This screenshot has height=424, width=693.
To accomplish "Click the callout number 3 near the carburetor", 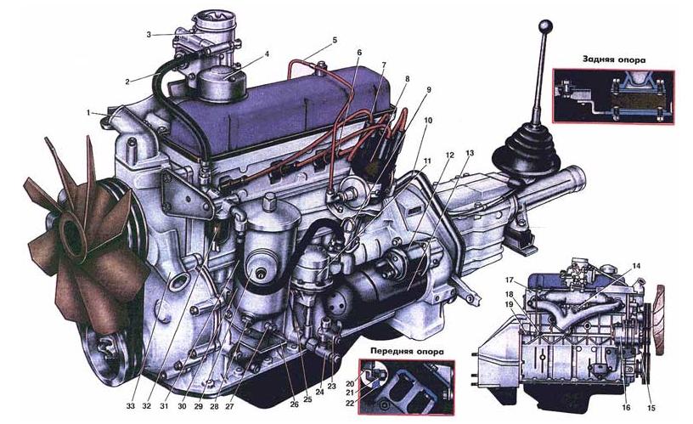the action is pos(149,34).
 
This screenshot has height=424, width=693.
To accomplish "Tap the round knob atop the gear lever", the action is pos(547,26).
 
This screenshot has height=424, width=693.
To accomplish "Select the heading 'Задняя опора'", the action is pos(613,59).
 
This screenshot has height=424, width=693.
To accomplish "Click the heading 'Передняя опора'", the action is pos(407,353).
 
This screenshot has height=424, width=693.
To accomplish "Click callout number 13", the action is pos(470,154).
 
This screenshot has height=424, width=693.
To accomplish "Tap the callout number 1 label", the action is pos(88,113).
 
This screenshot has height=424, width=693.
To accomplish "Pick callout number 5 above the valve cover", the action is pos(335,40).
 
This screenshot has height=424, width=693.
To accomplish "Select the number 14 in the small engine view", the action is pos(636,266).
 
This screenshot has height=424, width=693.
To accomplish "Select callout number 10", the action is pos(428,121).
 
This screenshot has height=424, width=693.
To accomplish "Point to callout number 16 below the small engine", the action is pos(626,408).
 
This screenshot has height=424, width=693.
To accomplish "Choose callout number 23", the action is pos(332,386).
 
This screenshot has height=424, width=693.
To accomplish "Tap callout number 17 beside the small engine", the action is pos(510,280).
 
